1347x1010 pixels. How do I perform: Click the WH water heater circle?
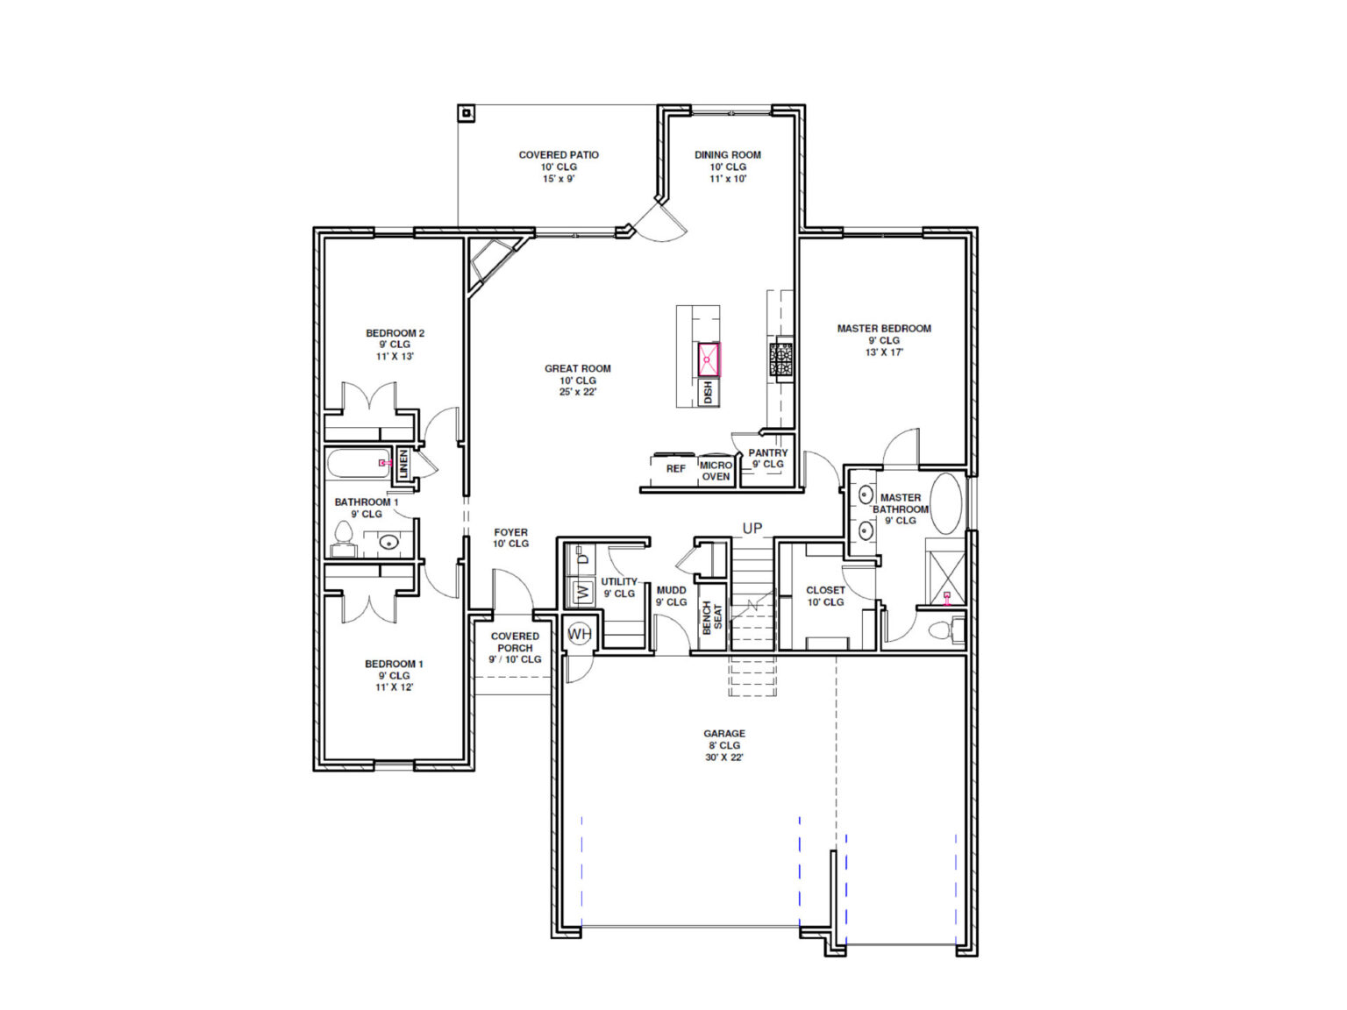(579, 634)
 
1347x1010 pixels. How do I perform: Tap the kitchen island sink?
(708, 359)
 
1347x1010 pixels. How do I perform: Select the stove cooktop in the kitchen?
(781, 360)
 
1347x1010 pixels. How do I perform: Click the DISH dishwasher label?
(708, 393)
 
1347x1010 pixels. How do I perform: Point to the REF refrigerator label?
(675, 469)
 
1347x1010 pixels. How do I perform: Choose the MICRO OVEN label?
(716, 471)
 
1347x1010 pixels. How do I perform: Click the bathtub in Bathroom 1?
(358, 463)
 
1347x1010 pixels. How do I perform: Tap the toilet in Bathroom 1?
(343, 537)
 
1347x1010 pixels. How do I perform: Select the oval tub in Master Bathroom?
(945, 503)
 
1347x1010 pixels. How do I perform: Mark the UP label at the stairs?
(752, 528)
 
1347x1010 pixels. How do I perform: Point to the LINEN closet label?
(403, 464)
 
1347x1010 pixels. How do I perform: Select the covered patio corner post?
(467, 113)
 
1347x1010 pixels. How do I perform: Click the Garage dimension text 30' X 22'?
(724, 757)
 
